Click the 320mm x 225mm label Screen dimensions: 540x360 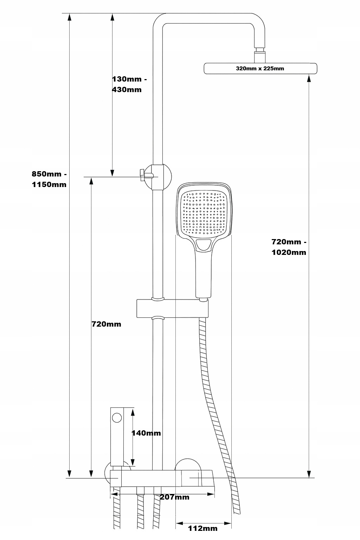(260, 69)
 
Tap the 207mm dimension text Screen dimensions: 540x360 (175, 497)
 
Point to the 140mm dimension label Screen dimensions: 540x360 (146, 433)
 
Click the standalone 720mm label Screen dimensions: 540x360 (106, 324)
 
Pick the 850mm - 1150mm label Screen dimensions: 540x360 (49, 179)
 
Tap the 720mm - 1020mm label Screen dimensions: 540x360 (289, 247)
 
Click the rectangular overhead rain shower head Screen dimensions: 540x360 (260, 69)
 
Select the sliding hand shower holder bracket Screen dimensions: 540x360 (172, 308)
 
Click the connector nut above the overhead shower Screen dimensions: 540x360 (259, 56)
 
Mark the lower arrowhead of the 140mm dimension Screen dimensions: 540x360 (133, 463)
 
